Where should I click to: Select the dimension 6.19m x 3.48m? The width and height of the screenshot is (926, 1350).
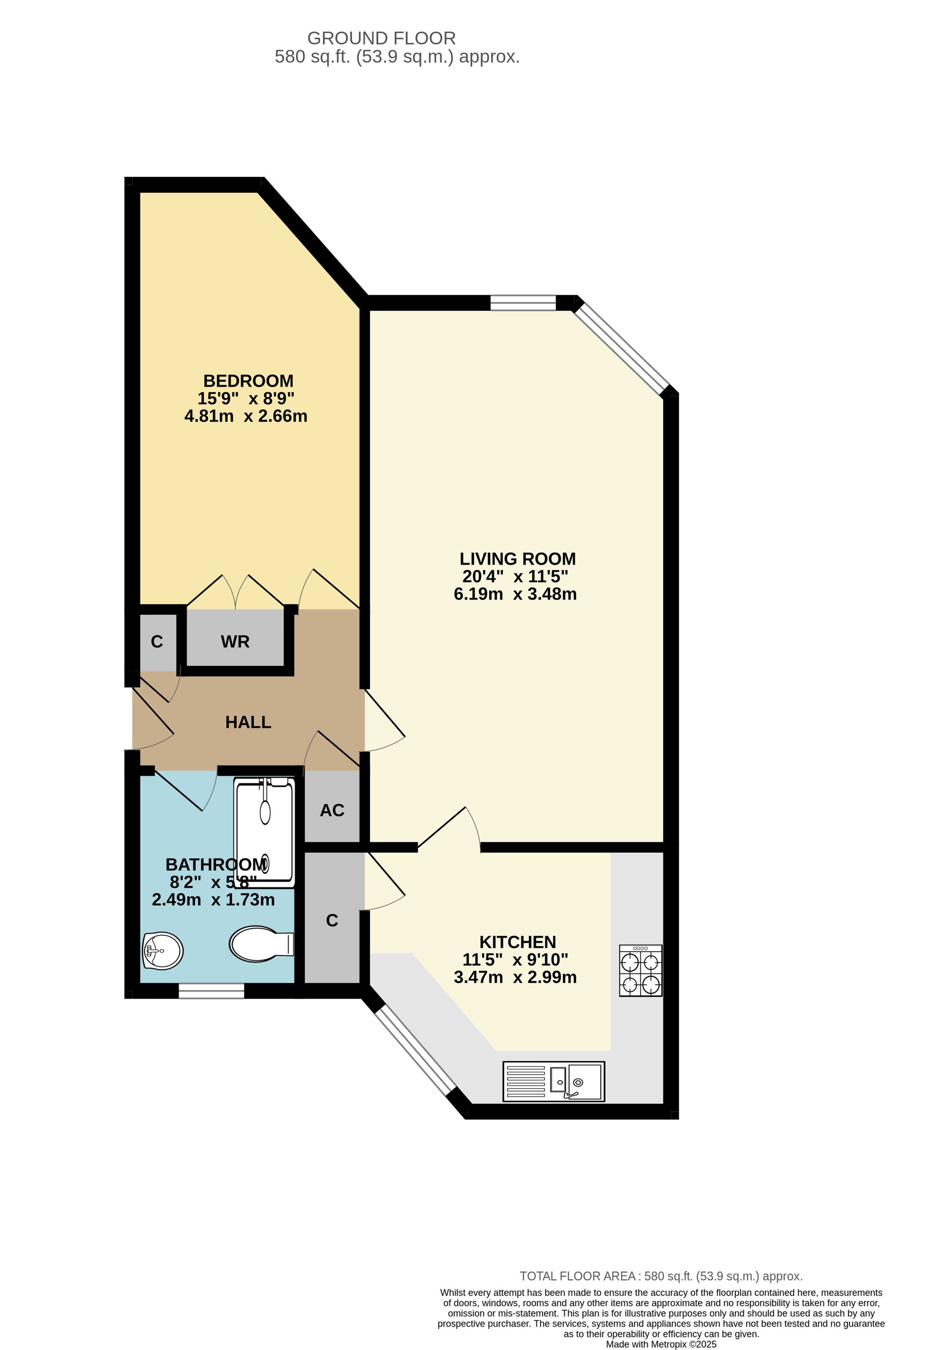click(515, 594)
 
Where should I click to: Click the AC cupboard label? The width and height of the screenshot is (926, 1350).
click(332, 810)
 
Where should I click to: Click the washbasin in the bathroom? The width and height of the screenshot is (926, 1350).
click(163, 951)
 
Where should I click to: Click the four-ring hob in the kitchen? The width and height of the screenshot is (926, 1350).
click(640, 971)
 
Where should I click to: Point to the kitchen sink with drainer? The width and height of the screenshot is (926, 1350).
click(553, 1082)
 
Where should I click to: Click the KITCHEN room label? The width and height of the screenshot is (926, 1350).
click(517, 942)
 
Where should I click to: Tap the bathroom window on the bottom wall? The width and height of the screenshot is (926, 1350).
click(211, 990)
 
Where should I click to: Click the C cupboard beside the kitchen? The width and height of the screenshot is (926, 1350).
click(332, 920)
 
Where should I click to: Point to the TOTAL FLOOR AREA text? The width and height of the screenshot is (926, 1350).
click(661, 1276)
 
